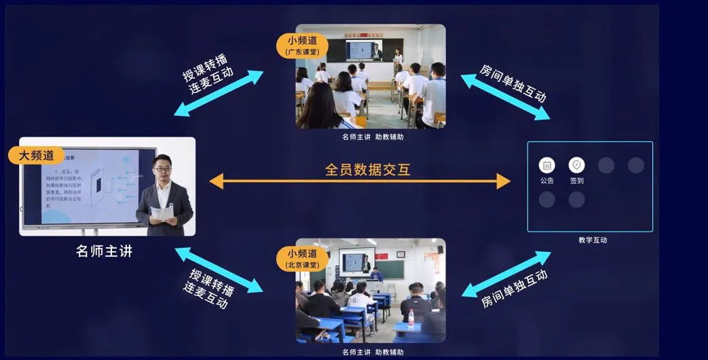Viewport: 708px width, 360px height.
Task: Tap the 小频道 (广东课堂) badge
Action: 302,46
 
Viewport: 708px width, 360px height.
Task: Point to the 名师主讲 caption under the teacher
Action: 104,251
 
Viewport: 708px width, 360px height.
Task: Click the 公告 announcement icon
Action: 547,165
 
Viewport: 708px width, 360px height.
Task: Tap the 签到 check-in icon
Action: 576,165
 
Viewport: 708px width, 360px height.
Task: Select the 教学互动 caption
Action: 593,240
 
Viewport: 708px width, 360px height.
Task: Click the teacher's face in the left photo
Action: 162,168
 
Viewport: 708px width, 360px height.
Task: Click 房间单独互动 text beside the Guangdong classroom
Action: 513,83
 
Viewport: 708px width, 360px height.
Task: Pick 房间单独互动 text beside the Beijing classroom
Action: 514,289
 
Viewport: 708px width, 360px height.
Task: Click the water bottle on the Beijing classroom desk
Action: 410,317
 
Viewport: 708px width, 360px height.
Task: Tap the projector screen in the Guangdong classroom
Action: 364,51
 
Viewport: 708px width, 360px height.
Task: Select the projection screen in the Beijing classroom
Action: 358,261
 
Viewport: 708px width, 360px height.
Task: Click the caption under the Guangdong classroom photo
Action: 373,137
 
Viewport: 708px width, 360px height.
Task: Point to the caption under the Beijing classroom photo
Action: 373,352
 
